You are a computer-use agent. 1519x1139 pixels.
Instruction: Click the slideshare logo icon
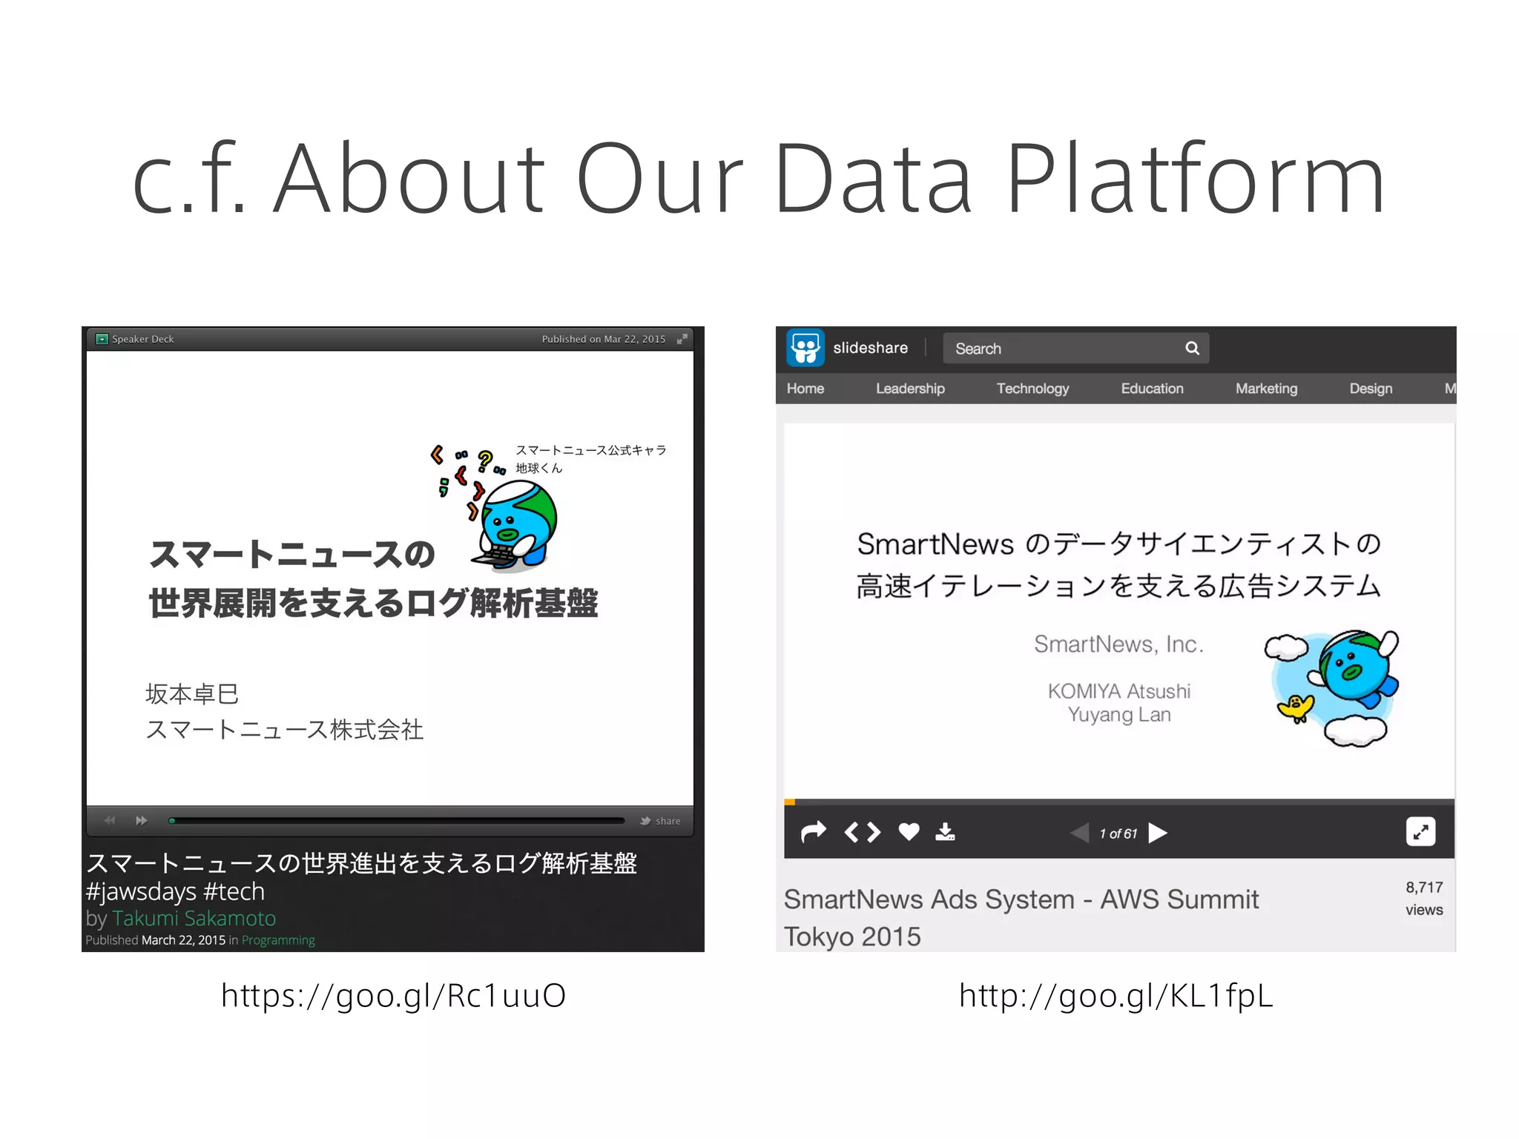(805, 347)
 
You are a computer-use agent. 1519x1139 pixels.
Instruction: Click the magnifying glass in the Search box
(1192, 348)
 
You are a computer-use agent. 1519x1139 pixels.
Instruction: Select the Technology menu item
(1032, 389)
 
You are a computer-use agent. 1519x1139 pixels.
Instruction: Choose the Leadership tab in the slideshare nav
(910, 389)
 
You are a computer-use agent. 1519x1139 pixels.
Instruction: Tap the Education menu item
(1152, 389)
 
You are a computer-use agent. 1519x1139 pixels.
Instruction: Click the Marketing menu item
(1266, 389)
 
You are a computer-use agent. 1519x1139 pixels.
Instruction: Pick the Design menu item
(1371, 389)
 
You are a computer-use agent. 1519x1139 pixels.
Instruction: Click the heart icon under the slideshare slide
(909, 832)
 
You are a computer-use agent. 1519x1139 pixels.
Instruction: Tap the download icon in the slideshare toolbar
(945, 832)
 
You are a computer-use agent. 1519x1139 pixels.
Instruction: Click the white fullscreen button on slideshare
(1420, 832)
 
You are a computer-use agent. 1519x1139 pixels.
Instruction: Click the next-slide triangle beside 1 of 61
(1158, 833)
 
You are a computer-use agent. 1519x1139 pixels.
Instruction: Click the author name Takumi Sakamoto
(194, 918)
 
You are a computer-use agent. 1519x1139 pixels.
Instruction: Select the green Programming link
(278, 940)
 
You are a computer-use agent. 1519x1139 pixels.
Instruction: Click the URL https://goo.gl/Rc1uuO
(394, 995)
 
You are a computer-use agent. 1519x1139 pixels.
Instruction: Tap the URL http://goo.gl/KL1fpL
(1116, 995)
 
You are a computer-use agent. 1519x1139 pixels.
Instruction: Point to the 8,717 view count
(1424, 888)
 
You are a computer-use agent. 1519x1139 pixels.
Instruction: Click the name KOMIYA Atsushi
(1118, 691)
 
